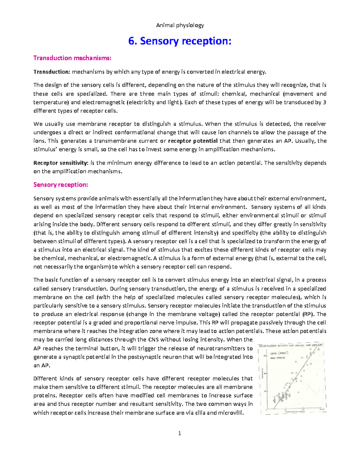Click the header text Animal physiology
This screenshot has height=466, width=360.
[180, 25]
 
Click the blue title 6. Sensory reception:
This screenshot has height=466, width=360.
[180, 41]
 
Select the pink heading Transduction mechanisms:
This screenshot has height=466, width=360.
[72, 58]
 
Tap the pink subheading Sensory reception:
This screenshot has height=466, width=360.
[61, 185]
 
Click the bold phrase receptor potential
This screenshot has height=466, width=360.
[193, 141]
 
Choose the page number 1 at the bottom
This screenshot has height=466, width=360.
[180, 433]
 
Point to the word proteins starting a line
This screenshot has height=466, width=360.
[43, 395]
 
